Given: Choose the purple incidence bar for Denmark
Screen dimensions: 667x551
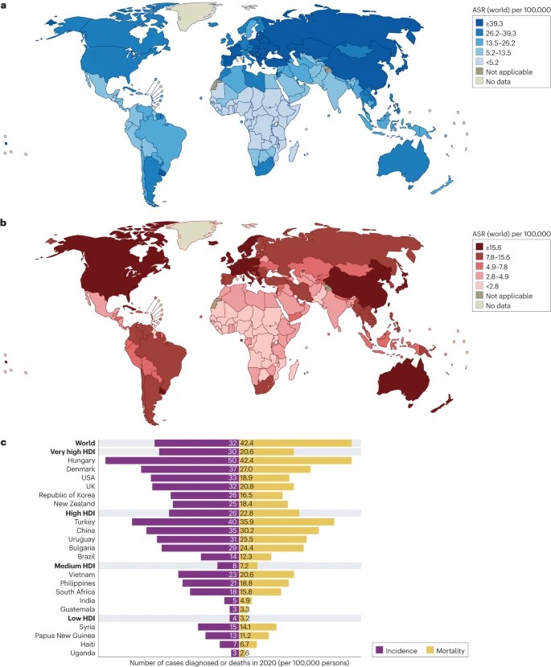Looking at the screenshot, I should [185, 469].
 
